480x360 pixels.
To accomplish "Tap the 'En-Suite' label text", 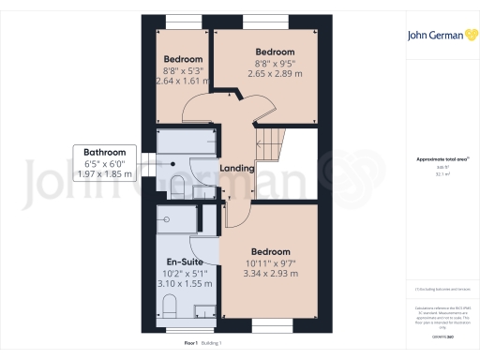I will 185,262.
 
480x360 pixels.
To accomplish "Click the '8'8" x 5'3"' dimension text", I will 183,69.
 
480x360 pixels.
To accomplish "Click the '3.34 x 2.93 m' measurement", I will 270,274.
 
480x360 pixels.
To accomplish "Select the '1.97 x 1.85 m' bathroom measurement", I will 104,174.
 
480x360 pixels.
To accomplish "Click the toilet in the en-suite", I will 170,306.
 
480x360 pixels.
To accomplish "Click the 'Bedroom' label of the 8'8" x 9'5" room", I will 276,52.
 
